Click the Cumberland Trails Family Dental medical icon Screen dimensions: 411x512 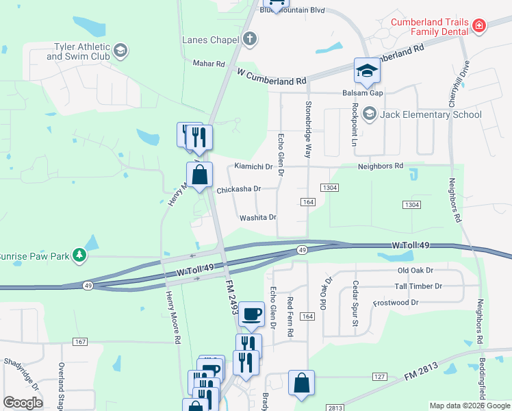480,27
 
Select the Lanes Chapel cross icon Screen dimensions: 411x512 250,39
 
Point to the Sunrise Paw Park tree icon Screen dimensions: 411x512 80,255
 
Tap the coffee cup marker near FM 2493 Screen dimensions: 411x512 253,314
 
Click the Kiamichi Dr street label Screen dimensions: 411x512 253,166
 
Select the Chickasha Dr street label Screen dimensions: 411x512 239,189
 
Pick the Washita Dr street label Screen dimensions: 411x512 257,218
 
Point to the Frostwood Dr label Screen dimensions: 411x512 395,302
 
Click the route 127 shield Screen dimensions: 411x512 379,376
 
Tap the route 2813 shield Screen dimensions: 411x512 335,408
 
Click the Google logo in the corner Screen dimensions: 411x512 23,402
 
